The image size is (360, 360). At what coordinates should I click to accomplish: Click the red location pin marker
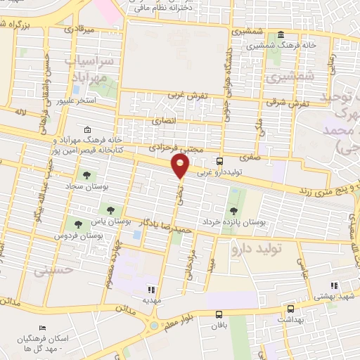point(181,166)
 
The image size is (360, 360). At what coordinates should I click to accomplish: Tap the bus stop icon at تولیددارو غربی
point(220,160)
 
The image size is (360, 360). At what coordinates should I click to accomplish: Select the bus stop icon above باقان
point(220,315)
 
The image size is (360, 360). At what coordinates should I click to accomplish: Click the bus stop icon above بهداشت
point(290,308)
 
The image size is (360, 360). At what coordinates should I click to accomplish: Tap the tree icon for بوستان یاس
point(108,208)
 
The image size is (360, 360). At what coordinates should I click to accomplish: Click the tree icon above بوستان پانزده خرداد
point(233,210)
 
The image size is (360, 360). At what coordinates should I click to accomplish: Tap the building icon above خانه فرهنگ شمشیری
point(281,34)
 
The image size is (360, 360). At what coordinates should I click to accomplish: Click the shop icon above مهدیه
point(150,288)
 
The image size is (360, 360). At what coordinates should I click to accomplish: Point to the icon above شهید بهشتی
point(334,285)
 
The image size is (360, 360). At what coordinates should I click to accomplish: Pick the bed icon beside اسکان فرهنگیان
point(43,328)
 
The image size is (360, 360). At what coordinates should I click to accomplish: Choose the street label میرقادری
point(78,31)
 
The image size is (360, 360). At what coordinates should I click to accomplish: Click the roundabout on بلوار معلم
point(154,326)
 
